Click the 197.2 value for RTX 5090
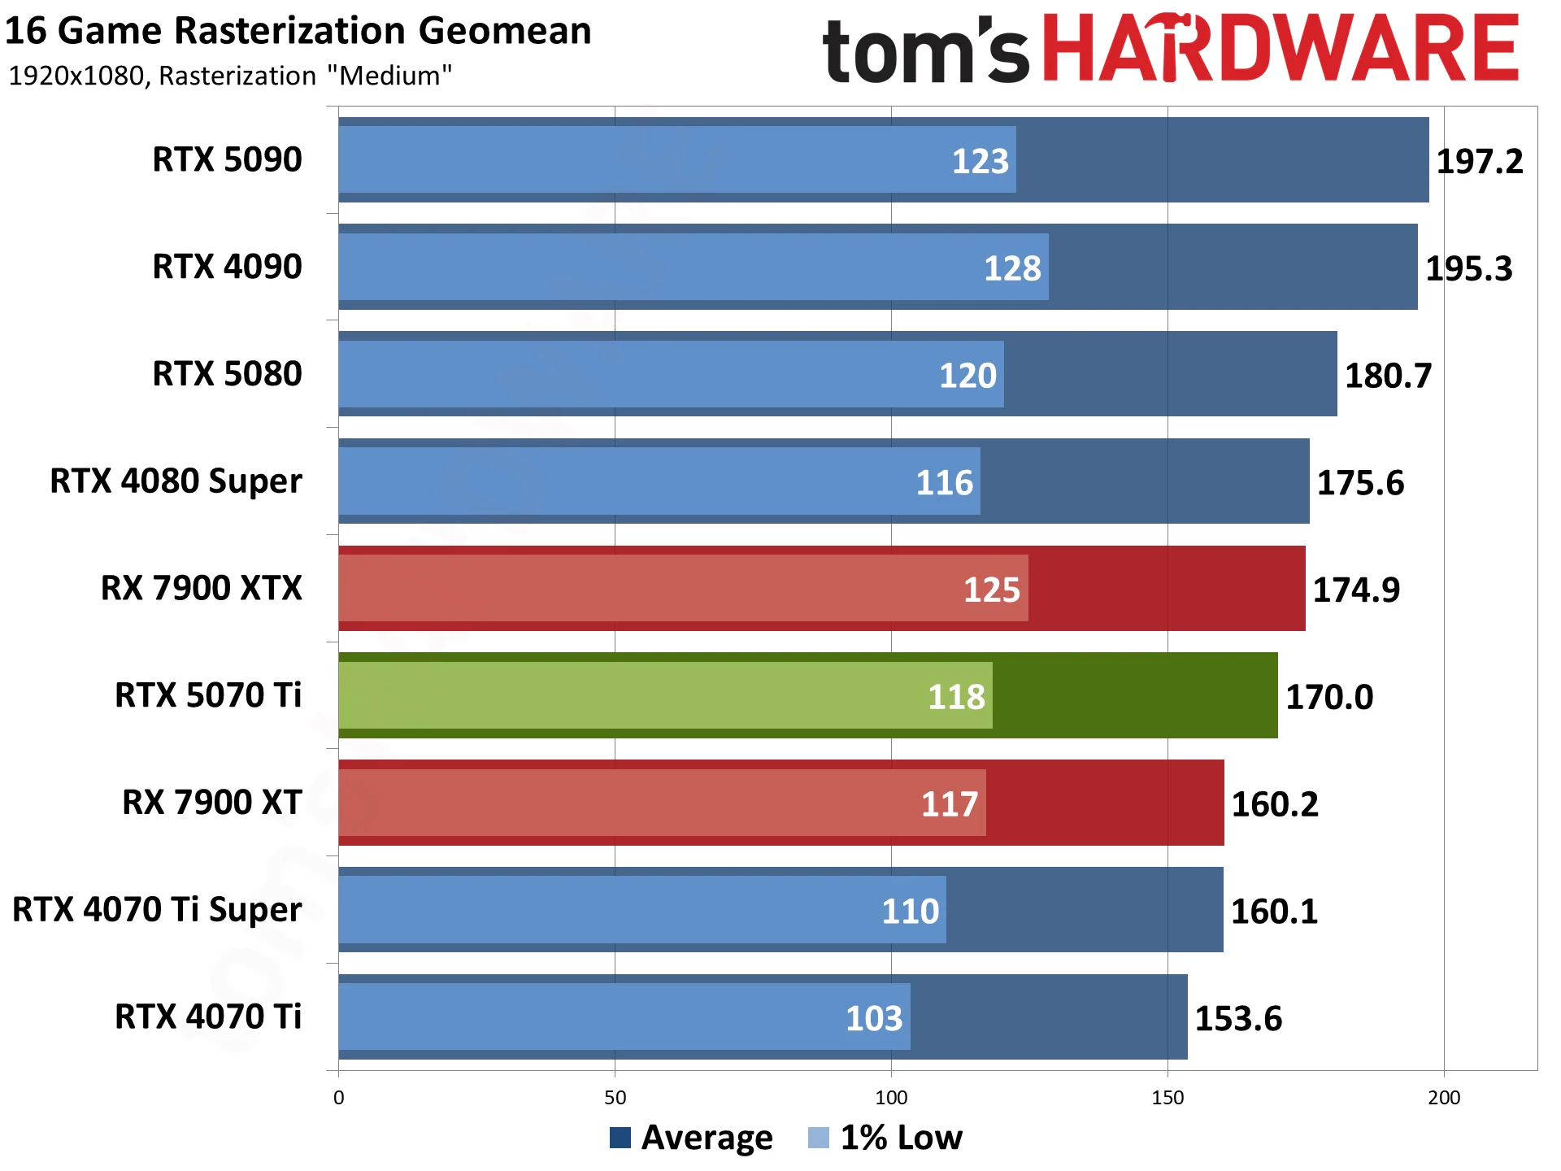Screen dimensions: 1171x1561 click(1479, 161)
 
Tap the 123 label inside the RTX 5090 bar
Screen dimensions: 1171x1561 click(980, 161)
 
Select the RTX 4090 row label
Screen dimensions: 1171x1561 click(227, 267)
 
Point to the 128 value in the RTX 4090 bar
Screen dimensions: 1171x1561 click(1012, 268)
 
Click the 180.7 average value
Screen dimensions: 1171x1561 click(1388, 376)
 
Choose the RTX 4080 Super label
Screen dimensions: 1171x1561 click(176, 481)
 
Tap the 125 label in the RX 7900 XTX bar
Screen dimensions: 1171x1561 click(991, 590)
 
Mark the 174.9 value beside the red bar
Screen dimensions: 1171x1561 click(1356, 590)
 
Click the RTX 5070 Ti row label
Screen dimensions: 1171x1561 click(207, 695)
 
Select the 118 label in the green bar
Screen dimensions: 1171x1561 click(956, 697)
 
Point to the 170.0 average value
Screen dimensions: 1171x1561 click(1329, 697)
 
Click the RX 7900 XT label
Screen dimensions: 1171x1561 click(211, 803)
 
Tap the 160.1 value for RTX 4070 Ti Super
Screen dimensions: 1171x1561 click(1274, 912)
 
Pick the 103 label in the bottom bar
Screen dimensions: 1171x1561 click(874, 1018)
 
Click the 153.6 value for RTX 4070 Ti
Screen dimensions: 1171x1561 click(1238, 1018)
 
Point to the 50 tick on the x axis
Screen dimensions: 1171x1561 click(615, 1098)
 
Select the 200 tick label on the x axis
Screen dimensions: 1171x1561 click(1444, 1098)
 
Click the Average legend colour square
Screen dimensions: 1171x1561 click(620, 1138)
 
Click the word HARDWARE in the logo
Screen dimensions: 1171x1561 click(1280, 49)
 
